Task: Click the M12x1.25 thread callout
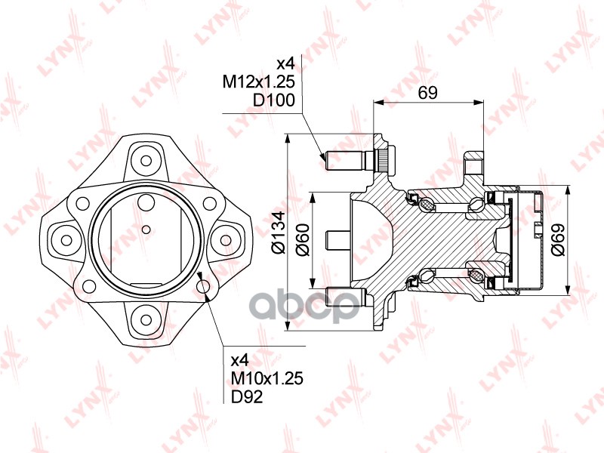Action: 259,82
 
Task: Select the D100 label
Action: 274,100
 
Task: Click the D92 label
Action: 247,397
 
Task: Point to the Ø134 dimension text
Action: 279,233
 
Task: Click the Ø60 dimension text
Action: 303,239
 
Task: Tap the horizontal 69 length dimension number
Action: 427,92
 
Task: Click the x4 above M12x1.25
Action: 286,63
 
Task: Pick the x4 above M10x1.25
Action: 240,360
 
